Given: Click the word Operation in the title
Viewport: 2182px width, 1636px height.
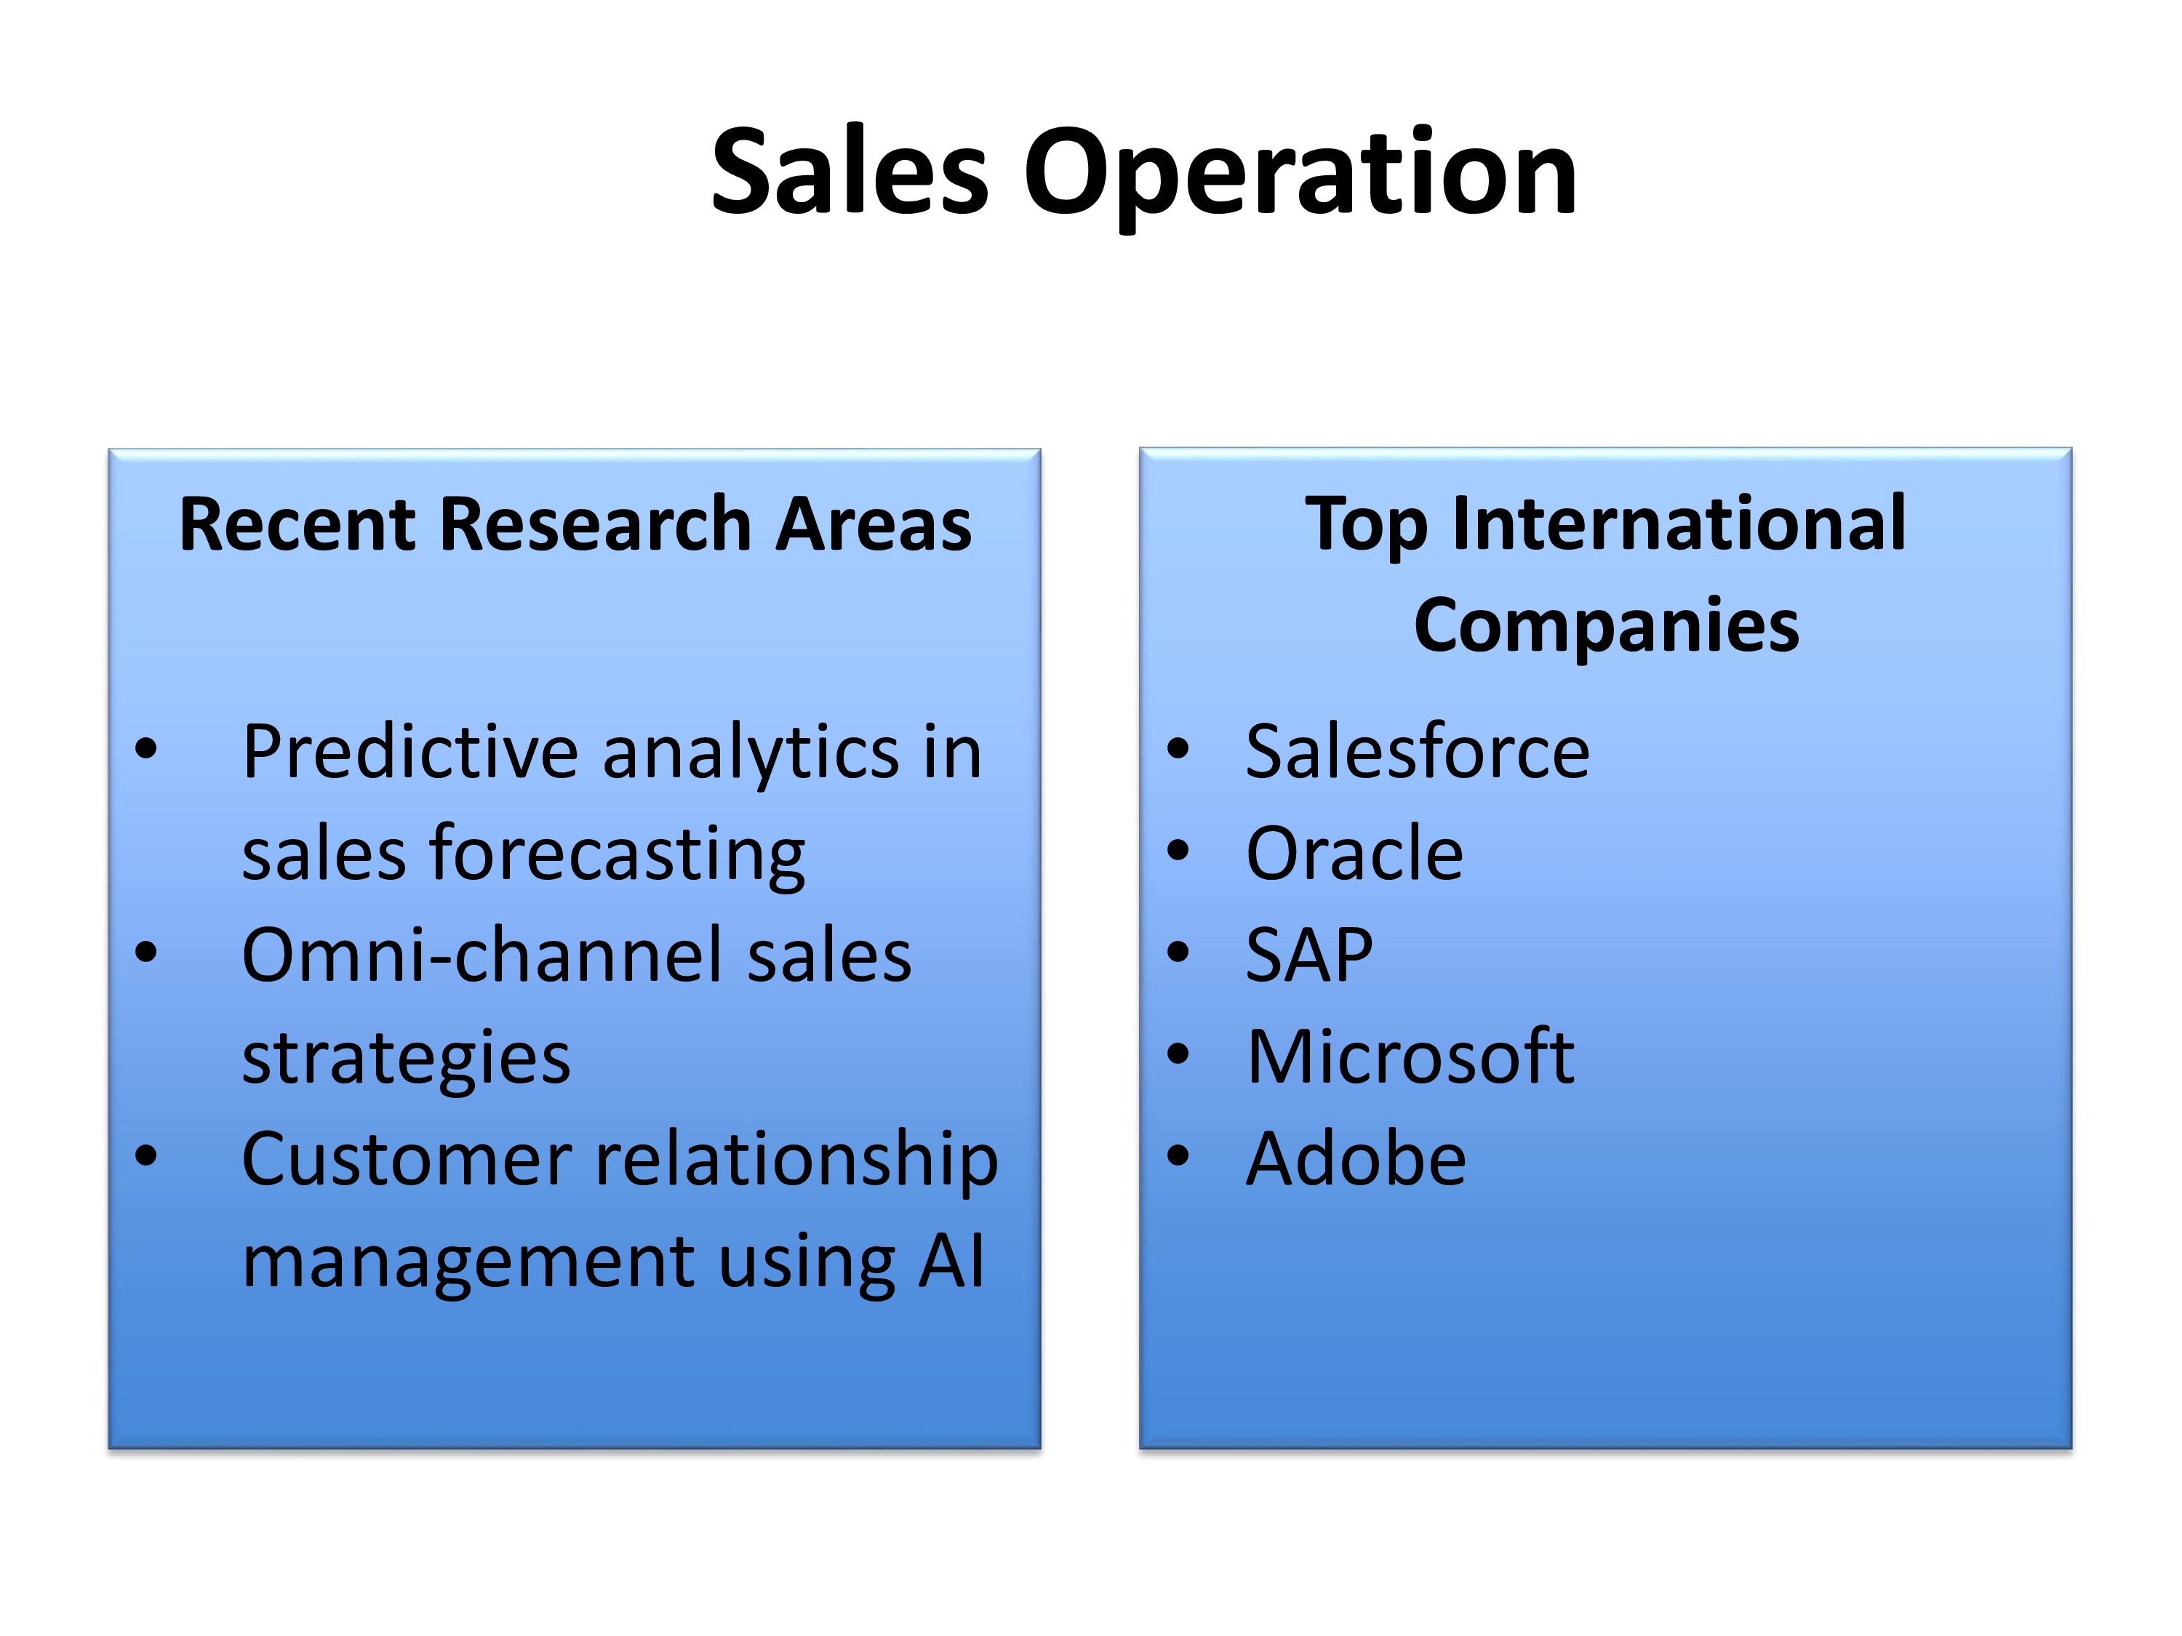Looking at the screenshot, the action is tap(1300, 178).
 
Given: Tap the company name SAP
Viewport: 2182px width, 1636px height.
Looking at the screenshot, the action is tap(1309, 955).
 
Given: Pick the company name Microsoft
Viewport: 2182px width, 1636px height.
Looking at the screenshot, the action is tap(1410, 1057).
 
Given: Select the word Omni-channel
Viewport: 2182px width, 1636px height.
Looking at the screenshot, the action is tap(484, 955).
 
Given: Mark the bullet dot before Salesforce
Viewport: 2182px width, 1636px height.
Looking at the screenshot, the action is tap(1178, 748).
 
